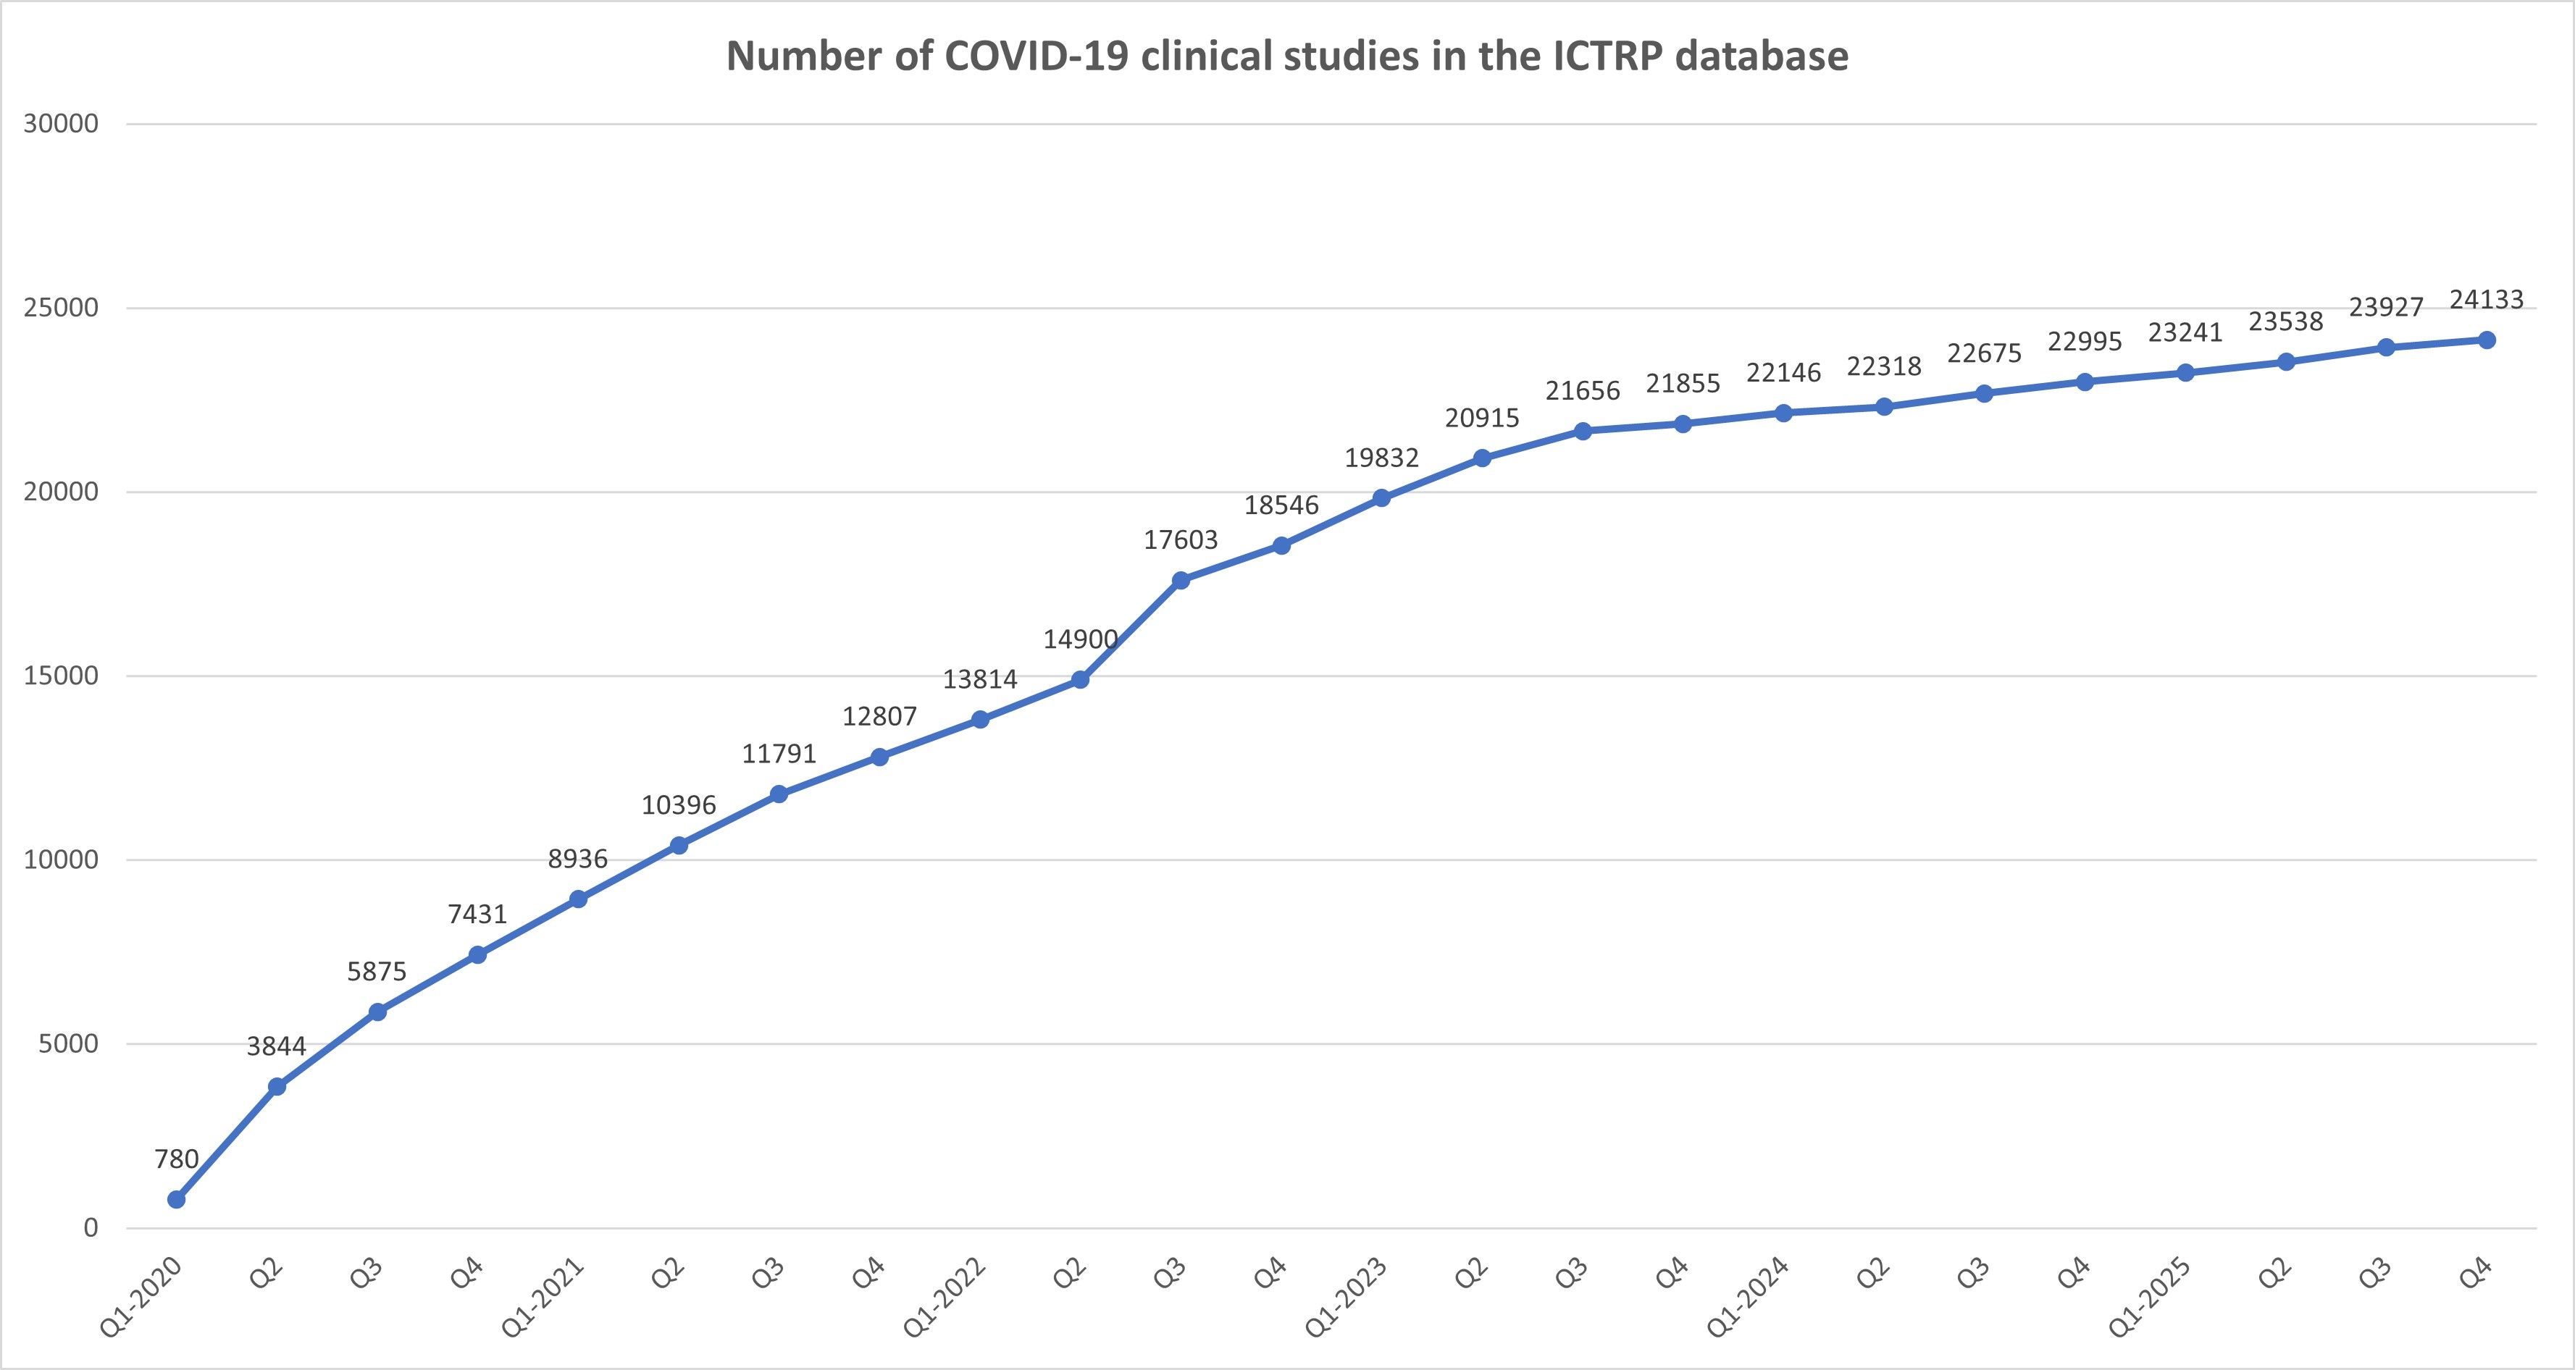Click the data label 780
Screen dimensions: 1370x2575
pyautogui.click(x=176, y=1159)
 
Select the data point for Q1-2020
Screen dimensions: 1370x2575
pyautogui.click(x=176, y=1199)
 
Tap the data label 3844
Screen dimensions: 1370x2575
pyautogui.click(x=276, y=1046)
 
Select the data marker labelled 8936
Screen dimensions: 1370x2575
pyautogui.click(x=578, y=899)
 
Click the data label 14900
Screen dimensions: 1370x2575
pyautogui.click(x=1081, y=639)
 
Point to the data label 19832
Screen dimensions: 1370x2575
pyautogui.click(x=1381, y=458)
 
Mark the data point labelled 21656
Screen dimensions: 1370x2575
pyautogui.click(x=1583, y=431)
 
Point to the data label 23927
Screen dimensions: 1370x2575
pyautogui.click(x=2386, y=307)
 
